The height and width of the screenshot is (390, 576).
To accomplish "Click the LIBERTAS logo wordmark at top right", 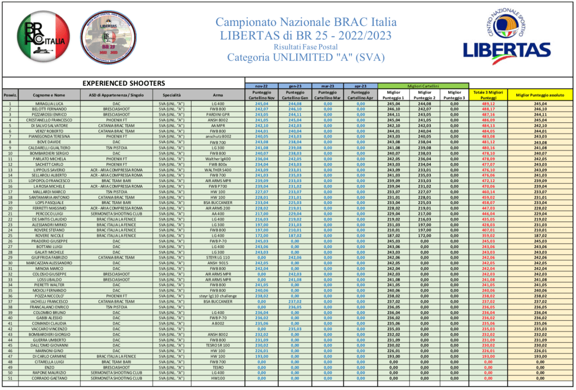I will tap(507, 51).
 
